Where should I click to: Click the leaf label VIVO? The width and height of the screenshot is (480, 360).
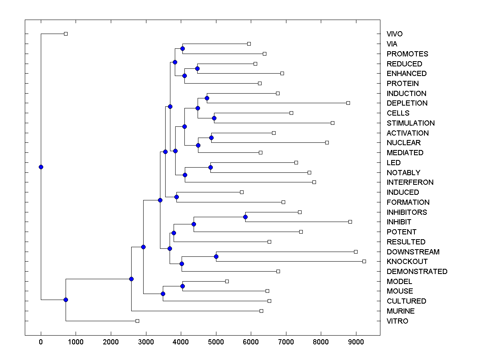click(394, 34)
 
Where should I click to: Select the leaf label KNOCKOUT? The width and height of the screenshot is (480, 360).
click(407, 262)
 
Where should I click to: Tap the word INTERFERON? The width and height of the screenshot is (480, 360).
click(410, 182)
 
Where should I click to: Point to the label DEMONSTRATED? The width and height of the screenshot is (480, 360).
click(417, 272)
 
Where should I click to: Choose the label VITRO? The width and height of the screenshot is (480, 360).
click(397, 321)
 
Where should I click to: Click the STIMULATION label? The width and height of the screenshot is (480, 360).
click(410, 123)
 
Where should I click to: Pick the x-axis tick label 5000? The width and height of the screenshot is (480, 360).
click(216, 341)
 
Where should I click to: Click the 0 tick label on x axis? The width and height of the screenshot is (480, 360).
click(41, 341)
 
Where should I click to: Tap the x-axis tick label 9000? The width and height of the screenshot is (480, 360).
click(356, 341)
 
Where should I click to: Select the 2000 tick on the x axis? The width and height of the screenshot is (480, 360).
click(111, 341)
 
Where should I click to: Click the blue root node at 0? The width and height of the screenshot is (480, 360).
click(41, 167)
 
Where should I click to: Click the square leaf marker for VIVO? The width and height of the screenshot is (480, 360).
click(66, 34)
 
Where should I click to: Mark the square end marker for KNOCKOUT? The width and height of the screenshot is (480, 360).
click(364, 261)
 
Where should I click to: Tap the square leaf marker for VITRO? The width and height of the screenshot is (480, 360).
click(137, 321)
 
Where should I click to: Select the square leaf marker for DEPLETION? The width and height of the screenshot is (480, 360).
click(348, 103)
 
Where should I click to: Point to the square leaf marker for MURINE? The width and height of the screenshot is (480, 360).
click(261, 311)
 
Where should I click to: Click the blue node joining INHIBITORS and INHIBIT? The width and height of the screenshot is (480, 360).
click(246, 217)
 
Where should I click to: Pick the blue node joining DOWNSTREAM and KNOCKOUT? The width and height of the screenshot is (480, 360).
click(216, 256)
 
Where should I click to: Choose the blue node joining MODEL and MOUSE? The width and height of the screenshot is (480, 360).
click(182, 286)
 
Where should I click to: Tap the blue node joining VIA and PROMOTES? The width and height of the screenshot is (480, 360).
click(182, 48)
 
